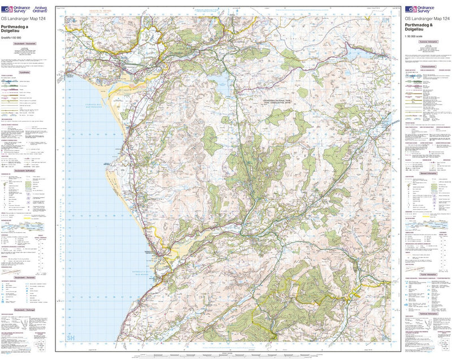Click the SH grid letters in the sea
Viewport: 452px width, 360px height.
click(x=71, y=338)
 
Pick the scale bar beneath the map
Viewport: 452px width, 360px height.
click(x=226, y=354)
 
